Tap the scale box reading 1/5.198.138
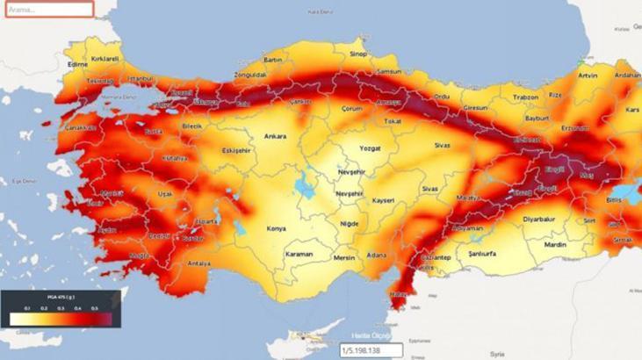[370, 350]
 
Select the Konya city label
[278, 228]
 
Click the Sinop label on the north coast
[358, 54]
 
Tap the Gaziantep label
[431, 256]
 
